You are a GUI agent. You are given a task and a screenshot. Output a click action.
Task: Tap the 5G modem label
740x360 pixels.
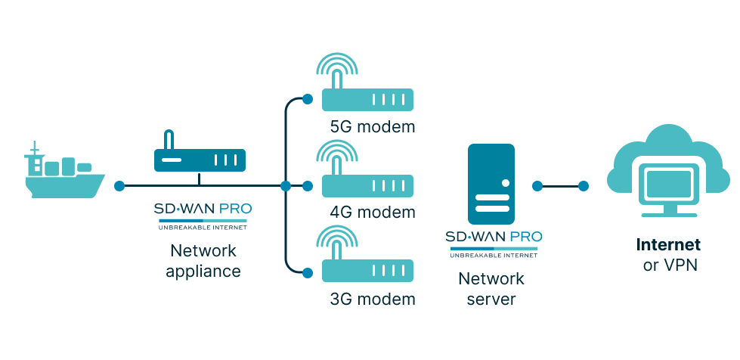coord(373,126)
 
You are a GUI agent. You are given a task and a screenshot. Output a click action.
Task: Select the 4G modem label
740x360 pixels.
coord(373,212)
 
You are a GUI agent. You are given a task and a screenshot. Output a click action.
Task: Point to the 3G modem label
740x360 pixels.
coord(373,299)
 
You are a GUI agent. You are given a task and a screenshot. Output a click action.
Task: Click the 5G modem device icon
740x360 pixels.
coord(368,99)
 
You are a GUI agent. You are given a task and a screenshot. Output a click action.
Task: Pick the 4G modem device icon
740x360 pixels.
coord(368,185)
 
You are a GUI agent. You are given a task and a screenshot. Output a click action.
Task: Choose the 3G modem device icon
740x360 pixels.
coord(368,271)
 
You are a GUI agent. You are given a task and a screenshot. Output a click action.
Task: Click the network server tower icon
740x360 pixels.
coord(492,185)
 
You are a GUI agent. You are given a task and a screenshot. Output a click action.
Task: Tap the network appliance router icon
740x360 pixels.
coord(200,160)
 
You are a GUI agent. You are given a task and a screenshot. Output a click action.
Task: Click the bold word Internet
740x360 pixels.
coord(668,245)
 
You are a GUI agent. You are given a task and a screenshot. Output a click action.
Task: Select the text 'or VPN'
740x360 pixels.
coord(668,265)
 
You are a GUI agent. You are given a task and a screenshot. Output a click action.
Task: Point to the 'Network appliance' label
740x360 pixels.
coord(203,260)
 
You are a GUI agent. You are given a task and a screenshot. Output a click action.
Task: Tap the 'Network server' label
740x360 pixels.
coord(491,289)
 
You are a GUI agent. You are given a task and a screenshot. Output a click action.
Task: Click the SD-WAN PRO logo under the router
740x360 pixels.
coord(203,215)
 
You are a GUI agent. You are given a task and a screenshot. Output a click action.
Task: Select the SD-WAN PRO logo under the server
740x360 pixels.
coord(493,243)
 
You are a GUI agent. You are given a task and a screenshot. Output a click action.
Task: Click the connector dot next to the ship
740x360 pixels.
coord(119,185)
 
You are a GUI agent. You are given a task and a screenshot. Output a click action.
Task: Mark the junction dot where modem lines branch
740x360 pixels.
coord(285,185)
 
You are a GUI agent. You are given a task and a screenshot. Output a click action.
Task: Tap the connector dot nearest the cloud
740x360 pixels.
coord(584,185)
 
